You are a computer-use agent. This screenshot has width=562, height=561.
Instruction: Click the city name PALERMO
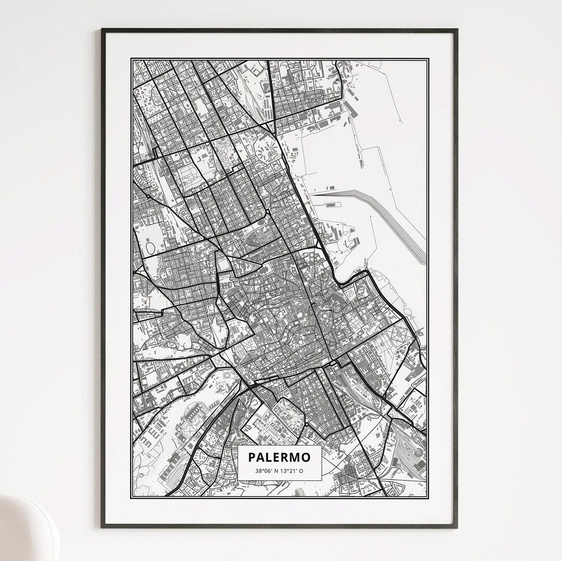coord(279,457)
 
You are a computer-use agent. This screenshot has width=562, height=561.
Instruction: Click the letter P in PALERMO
coord(252,457)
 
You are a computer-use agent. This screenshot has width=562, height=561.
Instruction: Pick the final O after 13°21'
coord(301,471)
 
